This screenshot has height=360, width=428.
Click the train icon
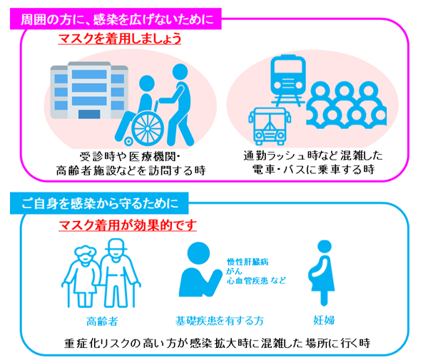[288, 80]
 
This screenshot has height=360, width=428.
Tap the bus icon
[270, 126]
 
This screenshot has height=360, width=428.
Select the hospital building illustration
[89, 90]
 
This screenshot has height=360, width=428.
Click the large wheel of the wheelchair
[148, 128]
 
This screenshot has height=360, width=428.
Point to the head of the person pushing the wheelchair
[180, 71]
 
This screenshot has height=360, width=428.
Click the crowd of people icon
[346, 105]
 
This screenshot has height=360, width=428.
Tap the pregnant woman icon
[322, 273]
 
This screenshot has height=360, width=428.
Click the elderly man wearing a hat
[118, 273]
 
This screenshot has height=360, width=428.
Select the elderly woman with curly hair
[81, 276]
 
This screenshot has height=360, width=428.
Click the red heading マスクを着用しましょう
[120, 38]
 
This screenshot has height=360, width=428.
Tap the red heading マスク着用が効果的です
[128, 225]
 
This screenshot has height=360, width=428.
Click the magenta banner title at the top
[116, 19]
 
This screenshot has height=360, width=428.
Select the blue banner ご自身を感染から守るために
[99, 203]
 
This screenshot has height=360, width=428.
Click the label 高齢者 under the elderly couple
[102, 322]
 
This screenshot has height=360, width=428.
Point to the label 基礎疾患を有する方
[220, 321]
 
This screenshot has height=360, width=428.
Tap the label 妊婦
[324, 320]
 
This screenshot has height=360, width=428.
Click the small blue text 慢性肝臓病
[248, 262]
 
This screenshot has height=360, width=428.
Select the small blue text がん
[234, 271]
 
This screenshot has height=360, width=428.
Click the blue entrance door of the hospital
[89, 114]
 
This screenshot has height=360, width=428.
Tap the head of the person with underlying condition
[199, 253]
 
